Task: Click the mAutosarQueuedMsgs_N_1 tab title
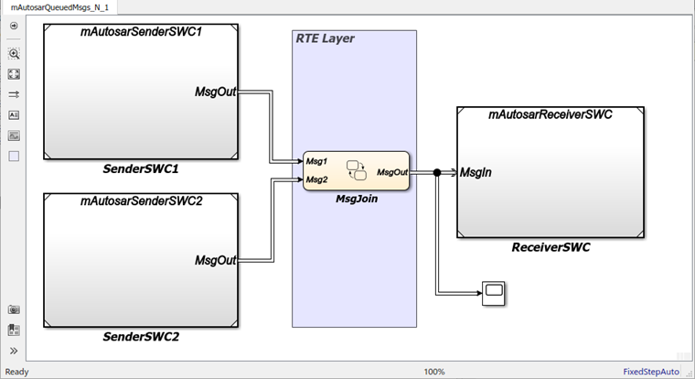(59, 6)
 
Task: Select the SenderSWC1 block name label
(141, 169)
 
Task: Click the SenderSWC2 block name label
(141, 337)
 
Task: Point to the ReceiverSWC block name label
(551, 248)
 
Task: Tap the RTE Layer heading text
(325, 38)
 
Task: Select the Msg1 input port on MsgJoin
(317, 162)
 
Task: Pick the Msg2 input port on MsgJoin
(317, 179)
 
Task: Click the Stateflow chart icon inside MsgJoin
(356, 170)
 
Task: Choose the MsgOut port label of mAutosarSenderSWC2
(216, 260)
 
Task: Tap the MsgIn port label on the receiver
(477, 172)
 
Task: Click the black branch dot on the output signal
(437, 172)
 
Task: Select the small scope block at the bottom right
(494, 293)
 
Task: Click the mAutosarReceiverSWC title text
(551, 115)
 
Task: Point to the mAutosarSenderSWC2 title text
(141, 201)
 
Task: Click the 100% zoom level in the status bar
(434, 372)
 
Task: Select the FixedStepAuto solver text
(651, 372)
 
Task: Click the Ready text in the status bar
(17, 372)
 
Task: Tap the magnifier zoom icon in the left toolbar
(14, 54)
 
